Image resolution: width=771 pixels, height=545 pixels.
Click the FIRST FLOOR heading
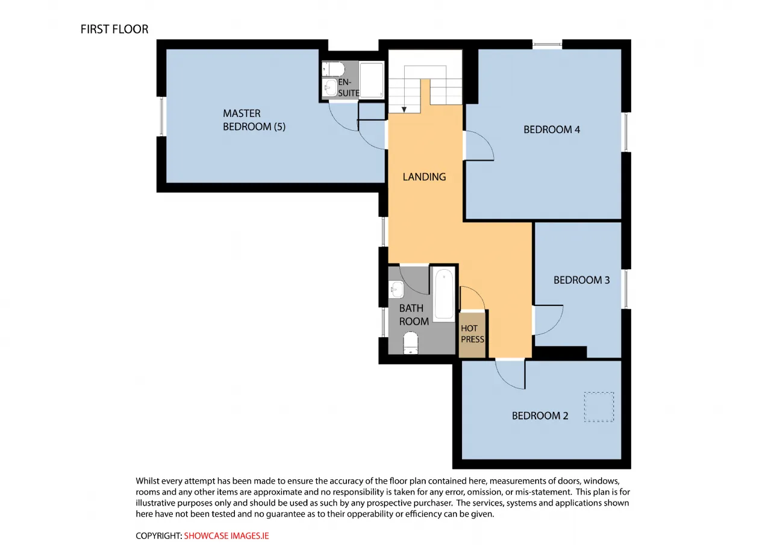114,30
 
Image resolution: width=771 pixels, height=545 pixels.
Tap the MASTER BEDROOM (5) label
254,120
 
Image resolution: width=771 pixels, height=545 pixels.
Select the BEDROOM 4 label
551,129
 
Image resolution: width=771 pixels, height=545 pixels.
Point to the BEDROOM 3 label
581,280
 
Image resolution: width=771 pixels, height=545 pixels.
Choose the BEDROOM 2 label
540,416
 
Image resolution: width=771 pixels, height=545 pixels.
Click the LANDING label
424,177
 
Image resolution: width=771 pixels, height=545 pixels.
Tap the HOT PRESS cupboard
472,335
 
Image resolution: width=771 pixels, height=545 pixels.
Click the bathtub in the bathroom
444,295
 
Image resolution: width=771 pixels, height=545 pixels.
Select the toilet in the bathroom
410,343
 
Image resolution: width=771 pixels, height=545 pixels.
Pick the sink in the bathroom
396,289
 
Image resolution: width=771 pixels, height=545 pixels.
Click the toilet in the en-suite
333,69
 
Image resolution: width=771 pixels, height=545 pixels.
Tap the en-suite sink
329,87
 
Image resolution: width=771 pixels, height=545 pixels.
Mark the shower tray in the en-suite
372,80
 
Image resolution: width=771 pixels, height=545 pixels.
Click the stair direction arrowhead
404,110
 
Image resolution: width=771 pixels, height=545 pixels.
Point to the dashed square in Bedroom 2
599,407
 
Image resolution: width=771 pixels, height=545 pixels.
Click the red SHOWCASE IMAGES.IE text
226,536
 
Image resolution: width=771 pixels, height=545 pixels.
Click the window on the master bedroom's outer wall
162,116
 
